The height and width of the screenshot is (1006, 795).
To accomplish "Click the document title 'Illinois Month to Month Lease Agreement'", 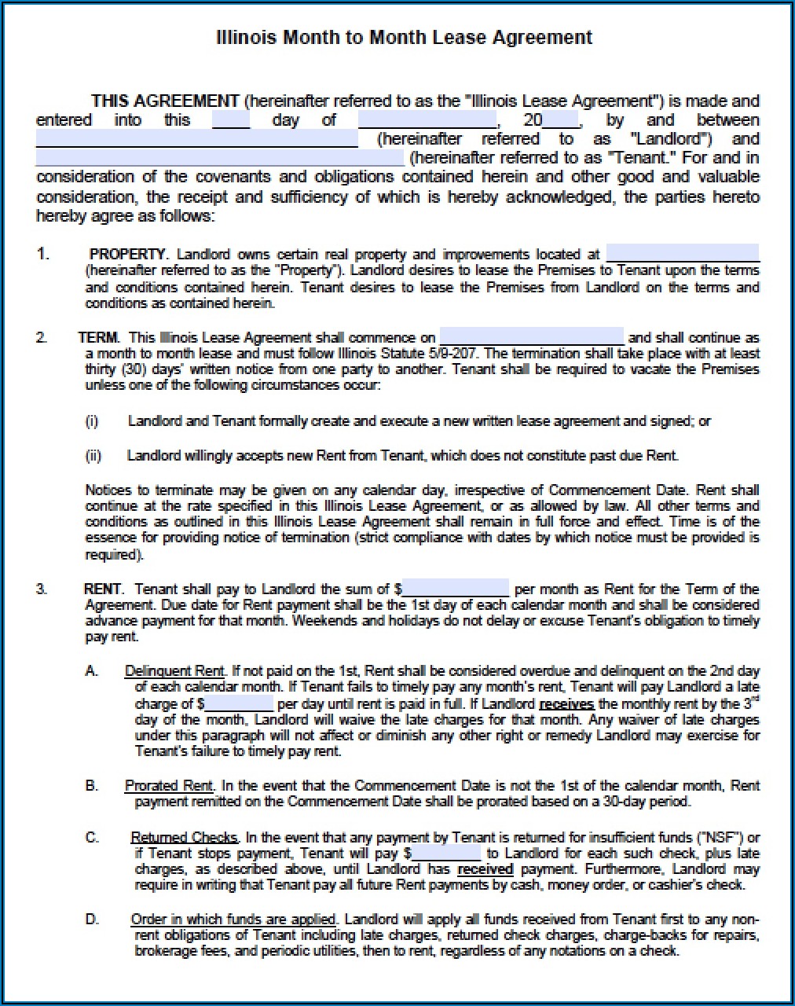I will point(404,37).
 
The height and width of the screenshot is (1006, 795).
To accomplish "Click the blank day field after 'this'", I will point(231,120).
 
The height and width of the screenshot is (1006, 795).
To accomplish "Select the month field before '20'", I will point(427,120).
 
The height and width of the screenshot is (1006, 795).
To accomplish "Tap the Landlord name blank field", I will point(196,139).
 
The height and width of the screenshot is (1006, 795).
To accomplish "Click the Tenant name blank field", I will point(220,158).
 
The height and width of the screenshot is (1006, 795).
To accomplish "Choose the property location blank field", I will point(683,254).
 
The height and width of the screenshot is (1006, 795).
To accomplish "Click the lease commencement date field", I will point(531,337).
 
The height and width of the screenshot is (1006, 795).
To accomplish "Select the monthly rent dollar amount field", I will point(456,589).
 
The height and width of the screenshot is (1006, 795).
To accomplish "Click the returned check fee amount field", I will point(446,854).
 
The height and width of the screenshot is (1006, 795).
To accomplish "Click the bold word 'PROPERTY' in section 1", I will point(128,255).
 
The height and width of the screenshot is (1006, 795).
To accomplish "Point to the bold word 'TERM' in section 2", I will point(99,338).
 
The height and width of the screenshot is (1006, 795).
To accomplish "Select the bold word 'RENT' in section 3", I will point(103,589).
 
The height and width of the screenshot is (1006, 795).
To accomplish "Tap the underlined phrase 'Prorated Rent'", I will point(169,786).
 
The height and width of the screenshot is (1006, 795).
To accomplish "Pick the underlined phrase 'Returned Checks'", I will point(185,838).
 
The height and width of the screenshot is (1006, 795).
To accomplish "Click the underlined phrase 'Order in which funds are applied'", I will point(233,920).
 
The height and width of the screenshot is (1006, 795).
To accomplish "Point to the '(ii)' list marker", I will point(93,456).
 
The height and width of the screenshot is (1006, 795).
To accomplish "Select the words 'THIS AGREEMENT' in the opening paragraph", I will point(165,101).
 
